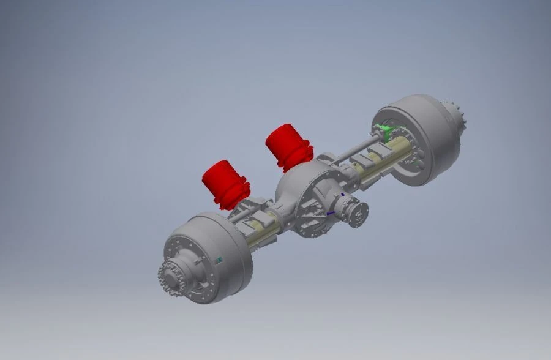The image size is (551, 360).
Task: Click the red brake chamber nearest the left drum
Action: tap(223, 182)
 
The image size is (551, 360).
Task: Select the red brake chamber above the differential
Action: tap(287, 145)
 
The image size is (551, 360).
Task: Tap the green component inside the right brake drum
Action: tap(384, 129)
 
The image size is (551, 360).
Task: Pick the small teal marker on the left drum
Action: tap(219, 260)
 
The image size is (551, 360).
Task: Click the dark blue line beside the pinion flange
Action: tap(331, 212)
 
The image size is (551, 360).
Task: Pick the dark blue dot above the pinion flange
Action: tap(343, 195)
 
